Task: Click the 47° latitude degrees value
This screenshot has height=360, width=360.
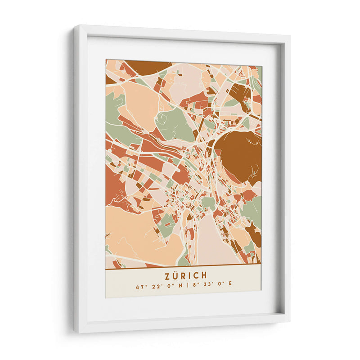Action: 139,287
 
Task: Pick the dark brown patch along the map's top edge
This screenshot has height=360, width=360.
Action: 146,66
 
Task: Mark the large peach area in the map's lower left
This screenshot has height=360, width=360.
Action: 135,234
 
